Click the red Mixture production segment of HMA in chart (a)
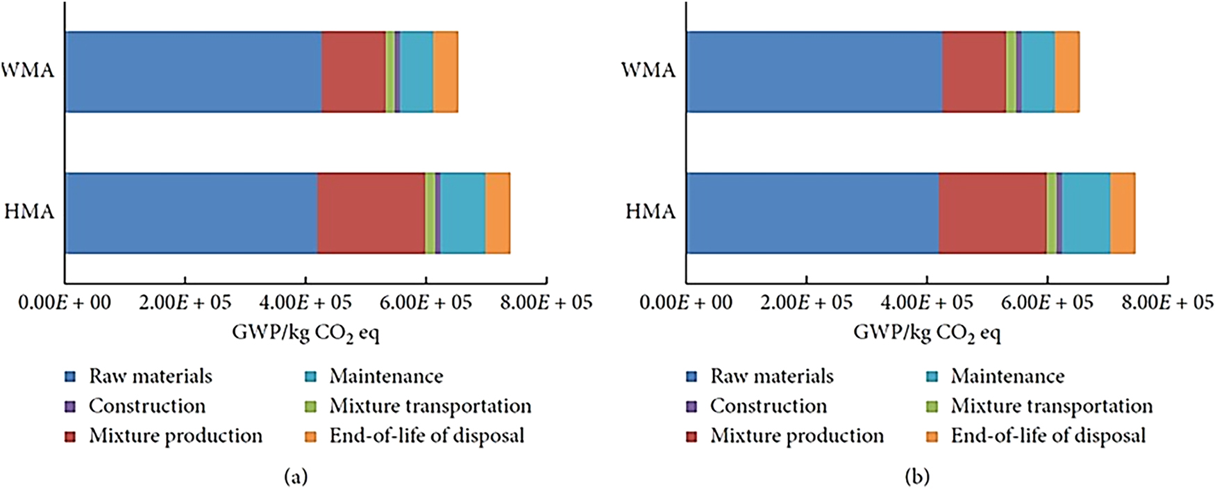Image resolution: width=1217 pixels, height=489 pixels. [x=371, y=213]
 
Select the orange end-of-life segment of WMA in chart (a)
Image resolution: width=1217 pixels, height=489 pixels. [x=445, y=71]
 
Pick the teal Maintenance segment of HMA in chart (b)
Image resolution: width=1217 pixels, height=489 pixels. [x=1086, y=213]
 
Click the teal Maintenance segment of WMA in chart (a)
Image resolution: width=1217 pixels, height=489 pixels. [x=417, y=71]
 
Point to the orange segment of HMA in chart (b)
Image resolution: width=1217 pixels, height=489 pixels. [x=1123, y=213]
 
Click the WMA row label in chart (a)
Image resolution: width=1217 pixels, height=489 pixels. [x=28, y=70]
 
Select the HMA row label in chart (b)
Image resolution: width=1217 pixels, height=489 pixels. [x=650, y=211]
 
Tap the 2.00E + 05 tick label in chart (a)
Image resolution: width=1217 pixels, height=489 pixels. [x=185, y=302]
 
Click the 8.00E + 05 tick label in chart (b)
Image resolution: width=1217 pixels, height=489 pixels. [x=1168, y=302]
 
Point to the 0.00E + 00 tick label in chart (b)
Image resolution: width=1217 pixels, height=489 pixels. [x=685, y=302]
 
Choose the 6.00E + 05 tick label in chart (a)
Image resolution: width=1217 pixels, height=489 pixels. [x=426, y=302]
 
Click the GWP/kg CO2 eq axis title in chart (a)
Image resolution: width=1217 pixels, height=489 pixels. [x=305, y=333]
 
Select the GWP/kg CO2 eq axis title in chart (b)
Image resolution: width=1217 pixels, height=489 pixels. [x=927, y=333]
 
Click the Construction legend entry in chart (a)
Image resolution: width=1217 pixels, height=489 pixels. [x=146, y=406]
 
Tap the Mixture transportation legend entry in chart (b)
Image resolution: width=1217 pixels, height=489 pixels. [x=1051, y=406]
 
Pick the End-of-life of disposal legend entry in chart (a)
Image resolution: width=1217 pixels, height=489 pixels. [x=426, y=436]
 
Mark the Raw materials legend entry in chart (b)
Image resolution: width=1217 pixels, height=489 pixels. [x=771, y=376]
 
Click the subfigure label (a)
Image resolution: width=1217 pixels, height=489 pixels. [x=296, y=476]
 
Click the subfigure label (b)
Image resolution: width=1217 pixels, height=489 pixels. [x=917, y=476]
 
